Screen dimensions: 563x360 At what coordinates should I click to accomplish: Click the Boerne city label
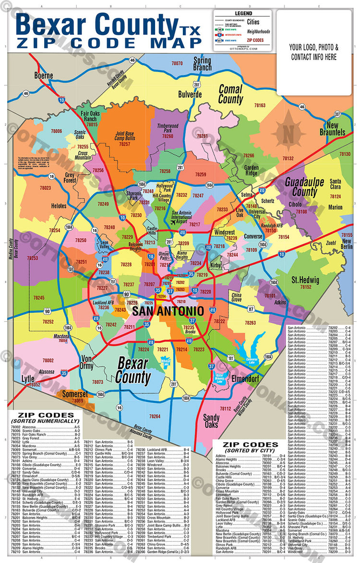pyautogui.click(x=44, y=75)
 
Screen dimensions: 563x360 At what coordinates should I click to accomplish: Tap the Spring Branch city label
pyautogui.click(x=202, y=64)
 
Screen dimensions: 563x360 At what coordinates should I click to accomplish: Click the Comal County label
pyautogui.click(x=230, y=94)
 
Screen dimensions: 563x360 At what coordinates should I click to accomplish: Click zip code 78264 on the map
pyautogui.click(x=154, y=416)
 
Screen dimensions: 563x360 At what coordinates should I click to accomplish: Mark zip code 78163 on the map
pyautogui.click(x=260, y=105)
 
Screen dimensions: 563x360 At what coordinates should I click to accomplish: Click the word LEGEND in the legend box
pyautogui.click(x=243, y=13)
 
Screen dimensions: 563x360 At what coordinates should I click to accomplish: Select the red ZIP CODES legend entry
pyautogui.click(x=255, y=40)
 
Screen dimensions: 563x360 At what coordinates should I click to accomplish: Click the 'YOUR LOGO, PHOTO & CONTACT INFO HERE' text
pyautogui.click(x=314, y=52)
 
